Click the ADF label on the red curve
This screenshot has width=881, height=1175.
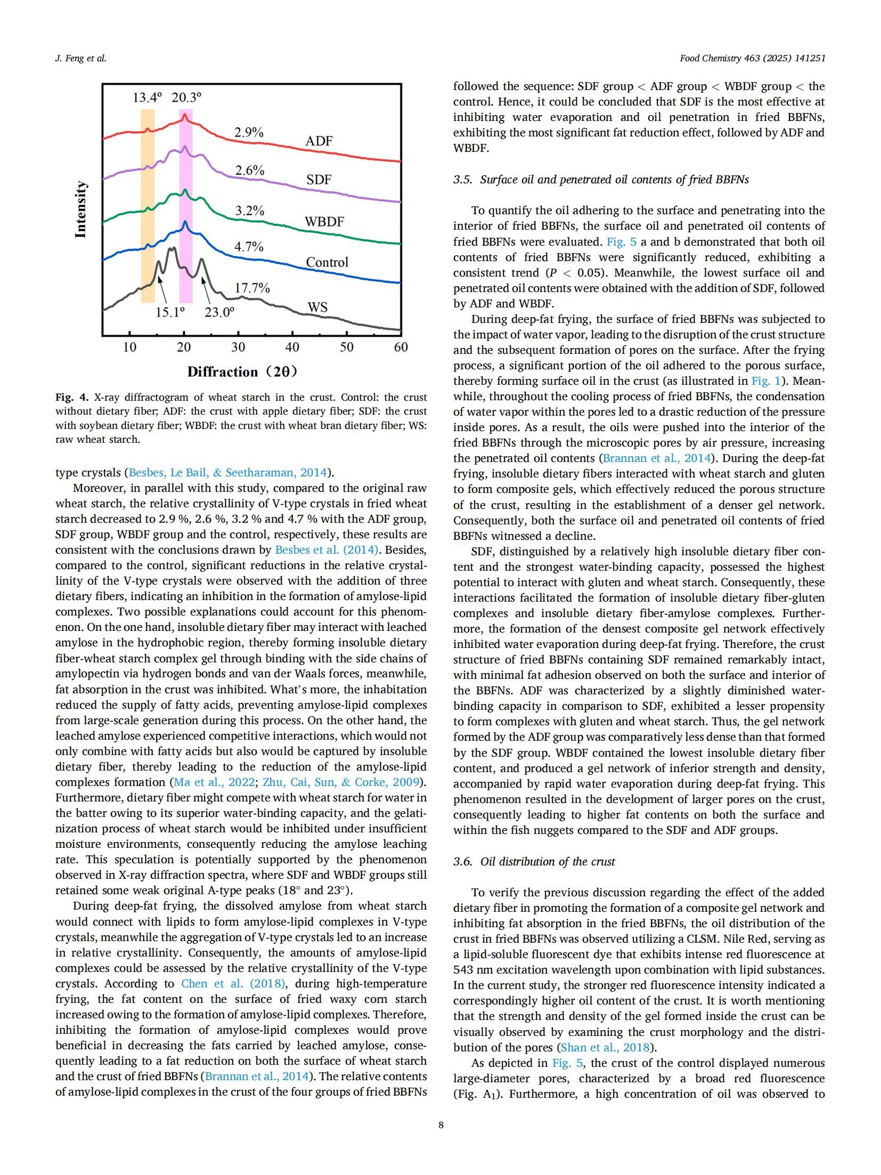click(x=319, y=141)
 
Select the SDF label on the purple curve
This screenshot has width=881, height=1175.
click(x=319, y=180)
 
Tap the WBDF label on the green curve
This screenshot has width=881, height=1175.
click(x=324, y=222)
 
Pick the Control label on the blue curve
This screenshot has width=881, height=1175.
click(x=327, y=262)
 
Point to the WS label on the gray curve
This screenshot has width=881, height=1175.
click(x=317, y=307)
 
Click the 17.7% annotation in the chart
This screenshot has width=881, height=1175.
click(x=252, y=288)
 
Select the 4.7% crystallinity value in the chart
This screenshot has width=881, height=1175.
click(x=249, y=247)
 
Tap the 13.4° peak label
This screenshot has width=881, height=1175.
click(x=146, y=98)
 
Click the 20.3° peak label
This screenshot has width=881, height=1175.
click(x=186, y=98)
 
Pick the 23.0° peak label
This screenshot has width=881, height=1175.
click(x=219, y=312)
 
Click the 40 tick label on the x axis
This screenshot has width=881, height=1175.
click(x=292, y=347)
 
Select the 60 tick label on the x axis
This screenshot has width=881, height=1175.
click(x=401, y=347)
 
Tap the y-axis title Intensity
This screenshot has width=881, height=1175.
click(x=80, y=209)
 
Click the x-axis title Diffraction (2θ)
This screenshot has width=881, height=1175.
click(x=242, y=372)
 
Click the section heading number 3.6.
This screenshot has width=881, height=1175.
click(x=463, y=862)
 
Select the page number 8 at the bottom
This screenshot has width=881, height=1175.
click(x=440, y=1125)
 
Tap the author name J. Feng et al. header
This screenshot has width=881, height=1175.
click(x=81, y=59)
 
